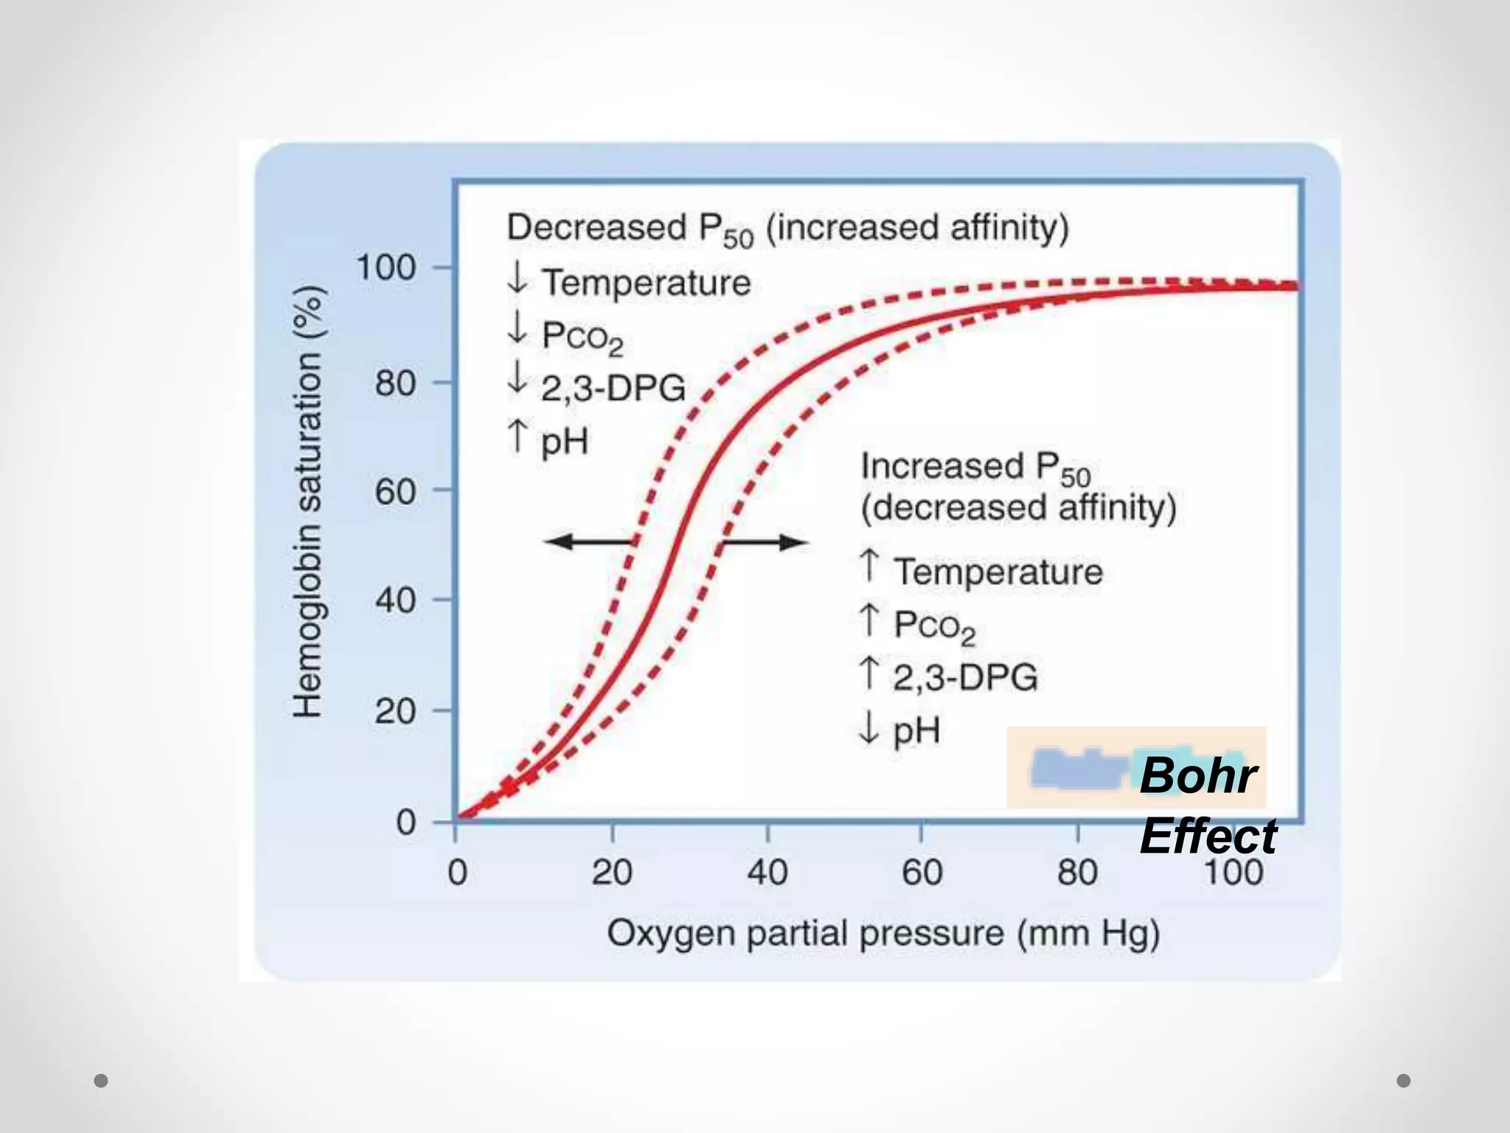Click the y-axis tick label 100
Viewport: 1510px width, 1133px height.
click(387, 268)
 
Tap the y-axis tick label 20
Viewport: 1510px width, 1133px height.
click(396, 712)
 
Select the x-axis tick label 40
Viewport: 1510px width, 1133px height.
click(768, 873)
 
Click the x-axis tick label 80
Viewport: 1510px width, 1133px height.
click(1077, 873)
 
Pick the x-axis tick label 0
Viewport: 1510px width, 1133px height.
click(457, 873)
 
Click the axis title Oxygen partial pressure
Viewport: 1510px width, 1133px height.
click(883, 934)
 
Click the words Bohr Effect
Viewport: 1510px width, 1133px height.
click(1206, 805)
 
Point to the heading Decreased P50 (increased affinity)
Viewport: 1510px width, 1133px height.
click(787, 228)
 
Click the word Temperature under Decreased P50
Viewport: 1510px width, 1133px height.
click(646, 283)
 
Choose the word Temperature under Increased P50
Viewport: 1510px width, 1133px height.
click(998, 572)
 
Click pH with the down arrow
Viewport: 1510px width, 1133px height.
click(916, 731)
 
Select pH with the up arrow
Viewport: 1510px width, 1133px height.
click(564, 442)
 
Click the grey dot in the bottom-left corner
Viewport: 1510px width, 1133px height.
click(101, 1081)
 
